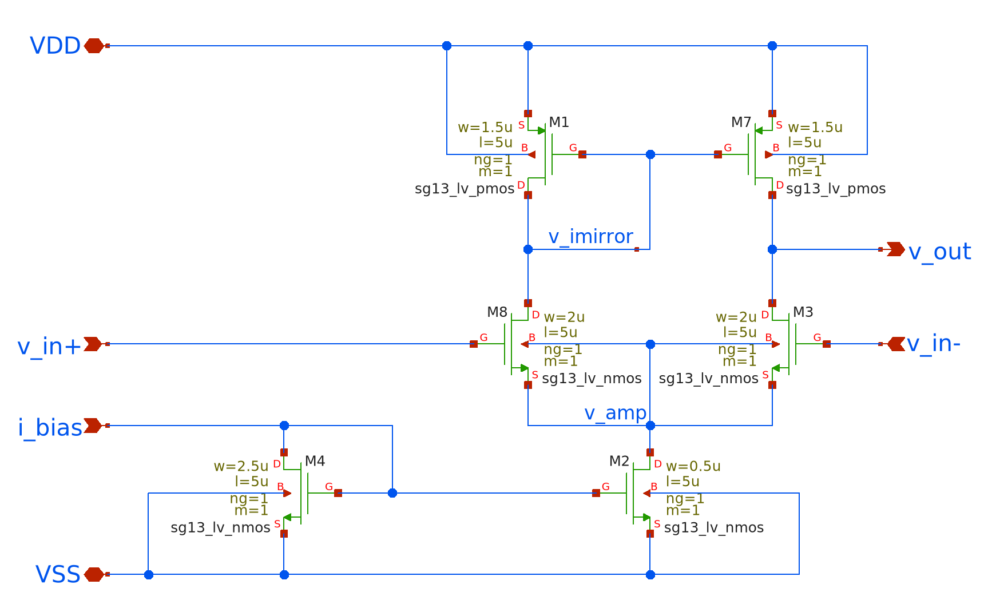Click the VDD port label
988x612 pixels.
pos(55,46)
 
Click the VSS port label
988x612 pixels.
pos(58,574)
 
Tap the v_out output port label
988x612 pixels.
pos(939,252)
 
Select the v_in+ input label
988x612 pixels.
pos(49,347)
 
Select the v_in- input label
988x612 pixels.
pos(933,344)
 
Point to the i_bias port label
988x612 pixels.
pos(50,428)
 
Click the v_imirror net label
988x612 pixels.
pos(590,237)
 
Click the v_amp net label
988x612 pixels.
pos(615,413)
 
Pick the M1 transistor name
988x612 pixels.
pos(559,122)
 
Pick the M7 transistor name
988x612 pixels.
pos(741,122)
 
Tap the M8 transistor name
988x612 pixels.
pos(497,312)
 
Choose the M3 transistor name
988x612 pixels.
pos(803,312)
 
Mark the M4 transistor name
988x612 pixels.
pos(315,461)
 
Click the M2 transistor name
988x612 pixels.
pos(619,461)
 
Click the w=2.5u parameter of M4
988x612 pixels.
pos(241,466)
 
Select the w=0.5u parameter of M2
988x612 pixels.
pos(693,466)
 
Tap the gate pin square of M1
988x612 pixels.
pos(582,154)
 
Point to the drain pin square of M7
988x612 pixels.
pos(772,195)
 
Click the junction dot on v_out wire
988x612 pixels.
pos(772,249)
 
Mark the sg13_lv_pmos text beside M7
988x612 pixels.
pos(835,189)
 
